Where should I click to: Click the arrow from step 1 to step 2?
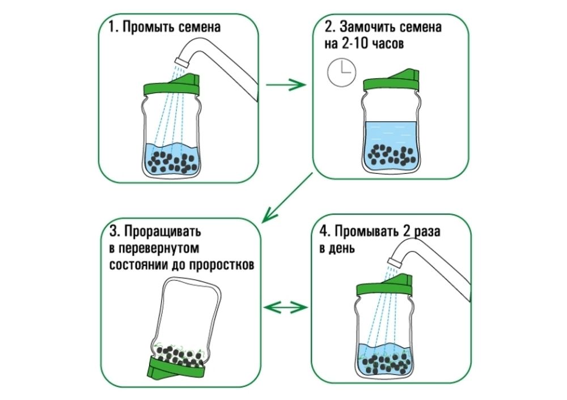coord(286,86)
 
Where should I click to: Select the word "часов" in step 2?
coord(389,44)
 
